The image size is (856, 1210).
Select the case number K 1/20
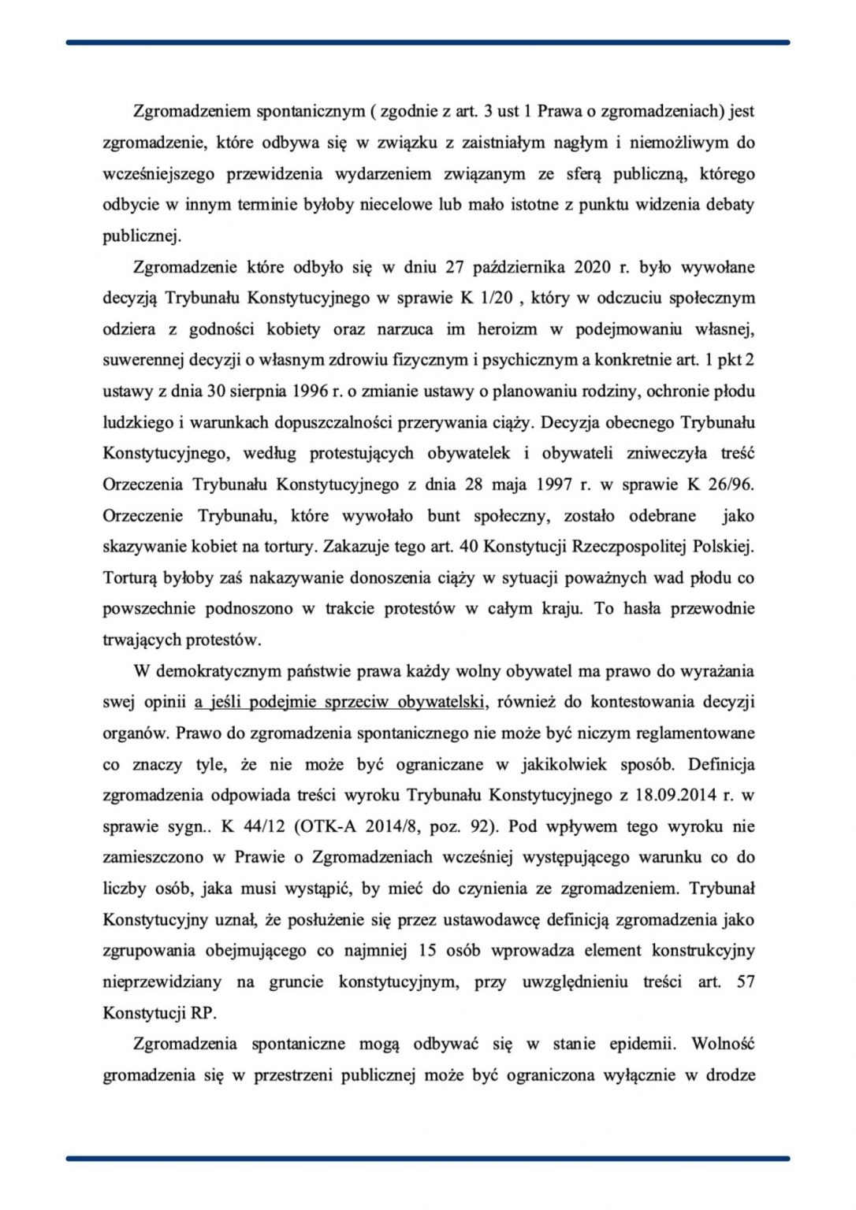pyautogui.click(x=491, y=299)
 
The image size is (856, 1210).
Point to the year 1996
pyautogui.click(x=285, y=392)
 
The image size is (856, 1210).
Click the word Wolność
pyautogui.click(x=723, y=1044)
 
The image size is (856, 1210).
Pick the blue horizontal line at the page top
pyautogui.click(x=428, y=43)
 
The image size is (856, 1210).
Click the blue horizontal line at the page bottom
pyautogui.click(x=428, y=1158)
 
